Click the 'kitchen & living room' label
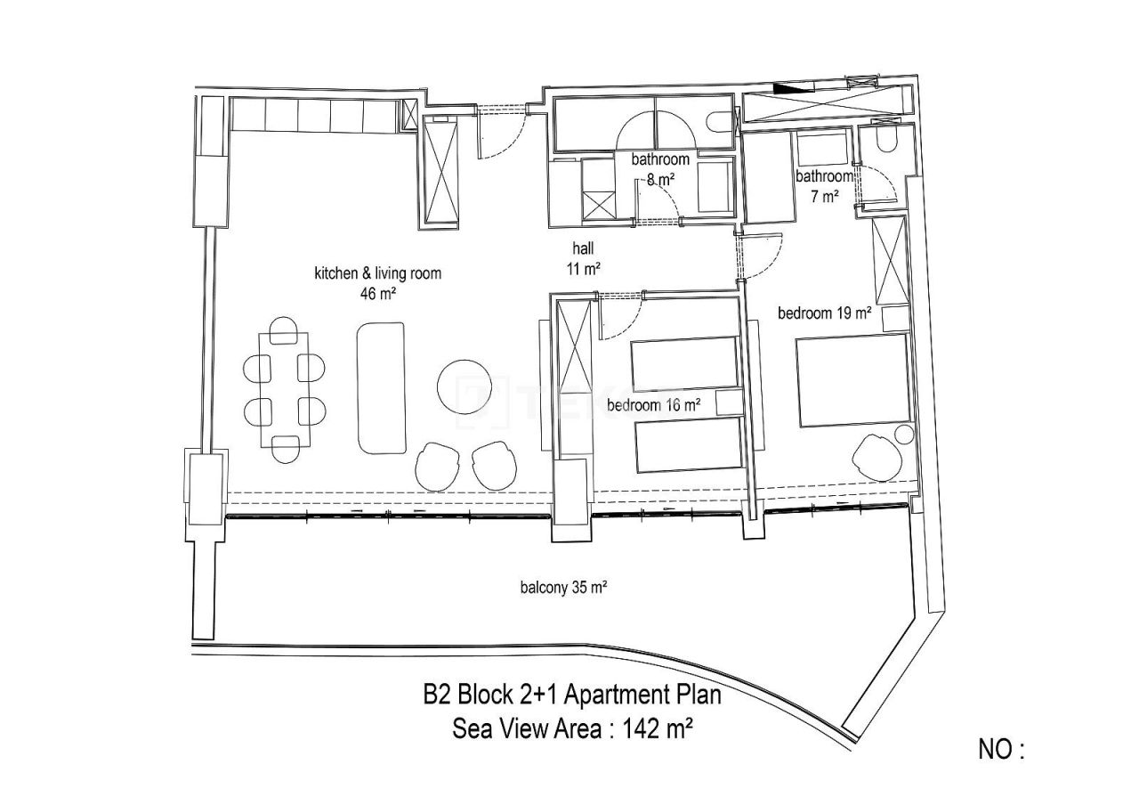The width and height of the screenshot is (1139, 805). tap(377, 273)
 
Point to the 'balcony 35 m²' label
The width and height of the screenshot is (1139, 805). tap(563, 587)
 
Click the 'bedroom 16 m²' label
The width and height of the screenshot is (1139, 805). tap(653, 405)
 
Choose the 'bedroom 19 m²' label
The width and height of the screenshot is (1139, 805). tap(823, 313)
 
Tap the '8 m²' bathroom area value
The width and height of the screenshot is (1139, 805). tap(660, 179)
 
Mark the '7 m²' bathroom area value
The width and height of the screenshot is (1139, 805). tap(825, 197)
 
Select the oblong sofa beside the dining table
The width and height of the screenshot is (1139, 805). tap(382, 388)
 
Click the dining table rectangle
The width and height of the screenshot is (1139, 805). tap(286, 389)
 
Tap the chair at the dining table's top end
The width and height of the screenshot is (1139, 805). tap(285, 330)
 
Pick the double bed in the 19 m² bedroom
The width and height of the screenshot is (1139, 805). tap(852, 380)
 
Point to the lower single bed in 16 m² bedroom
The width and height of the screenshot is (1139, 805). tap(687, 444)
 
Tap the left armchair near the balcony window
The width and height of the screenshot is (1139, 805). tap(440, 466)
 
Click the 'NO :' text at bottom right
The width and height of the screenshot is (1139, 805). tap(1001, 750)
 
